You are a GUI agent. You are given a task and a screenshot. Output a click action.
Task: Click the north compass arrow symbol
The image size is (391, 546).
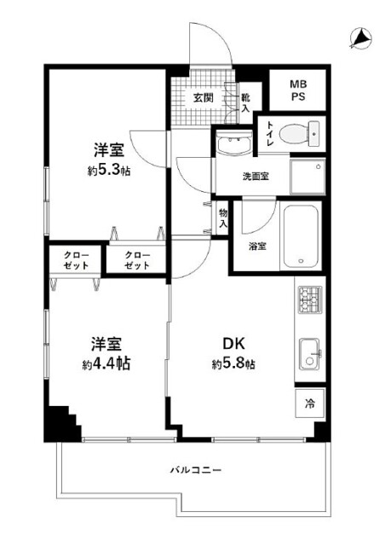tap(360, 38)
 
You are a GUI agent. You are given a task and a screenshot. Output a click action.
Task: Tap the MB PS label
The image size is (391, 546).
tap(298, 90)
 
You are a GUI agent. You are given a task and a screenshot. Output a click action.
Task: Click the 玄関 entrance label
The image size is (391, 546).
tap(203, 98)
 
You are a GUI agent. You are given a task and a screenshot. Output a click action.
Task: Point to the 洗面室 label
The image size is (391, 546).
tap(256, 177)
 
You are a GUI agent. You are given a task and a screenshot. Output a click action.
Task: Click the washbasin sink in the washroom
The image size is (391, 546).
tap(234, 144)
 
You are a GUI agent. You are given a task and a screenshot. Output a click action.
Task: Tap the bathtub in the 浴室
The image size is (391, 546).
tap(301, 236)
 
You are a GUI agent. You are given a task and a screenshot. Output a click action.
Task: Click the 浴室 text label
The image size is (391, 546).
tap(257, 247)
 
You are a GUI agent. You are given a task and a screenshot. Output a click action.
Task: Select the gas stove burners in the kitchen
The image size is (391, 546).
tap(310, 299)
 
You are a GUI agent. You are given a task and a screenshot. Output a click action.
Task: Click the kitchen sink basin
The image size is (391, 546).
tap(309, 354)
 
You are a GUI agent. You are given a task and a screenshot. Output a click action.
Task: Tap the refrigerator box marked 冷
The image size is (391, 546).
tap(310, 403)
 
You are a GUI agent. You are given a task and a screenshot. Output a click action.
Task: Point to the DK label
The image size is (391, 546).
tap(233, 344)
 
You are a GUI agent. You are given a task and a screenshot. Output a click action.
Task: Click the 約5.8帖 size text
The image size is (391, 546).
tap(233, 364)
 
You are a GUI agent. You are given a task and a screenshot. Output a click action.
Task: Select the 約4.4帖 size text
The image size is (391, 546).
tap(106, 364)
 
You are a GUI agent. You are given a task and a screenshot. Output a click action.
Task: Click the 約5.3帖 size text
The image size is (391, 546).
tap(109, 171)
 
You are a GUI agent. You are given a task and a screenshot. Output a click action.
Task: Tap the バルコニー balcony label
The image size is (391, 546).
tap(196, 470)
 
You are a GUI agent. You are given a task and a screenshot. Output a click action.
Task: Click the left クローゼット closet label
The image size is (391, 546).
tap(76, 260)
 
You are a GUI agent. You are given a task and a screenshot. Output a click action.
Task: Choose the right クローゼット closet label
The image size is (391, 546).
tap(137, 260)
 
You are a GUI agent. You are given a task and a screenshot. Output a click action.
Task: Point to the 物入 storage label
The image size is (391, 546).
tap(223, 218)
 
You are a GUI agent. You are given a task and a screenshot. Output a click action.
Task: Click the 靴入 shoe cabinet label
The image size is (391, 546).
tap(245, 103)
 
